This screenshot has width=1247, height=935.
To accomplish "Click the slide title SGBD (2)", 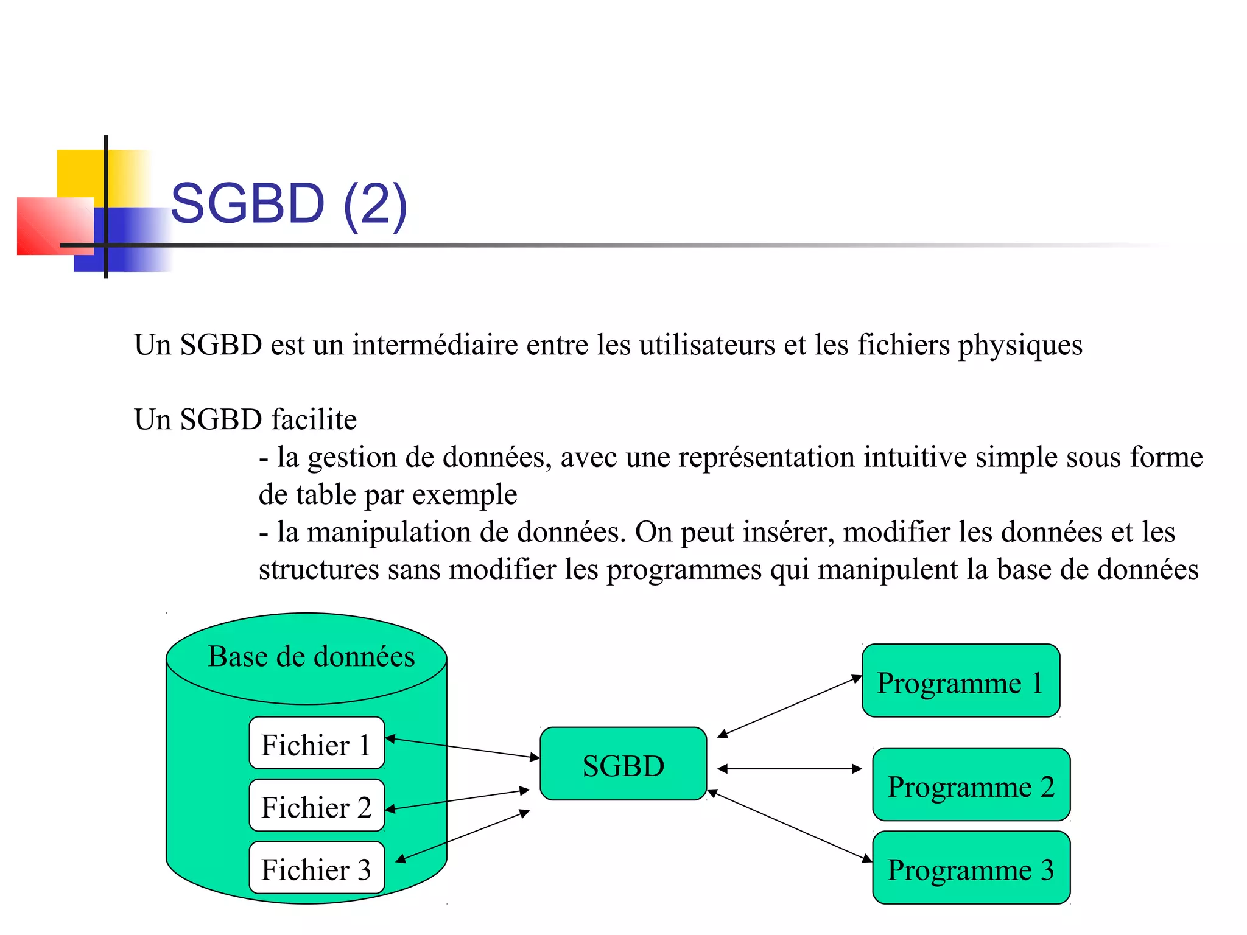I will tap(289, 204).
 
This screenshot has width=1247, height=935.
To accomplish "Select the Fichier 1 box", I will tap(317, 743).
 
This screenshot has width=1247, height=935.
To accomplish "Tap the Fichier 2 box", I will tap(317, 806).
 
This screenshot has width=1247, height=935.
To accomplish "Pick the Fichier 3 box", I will tap(317, 868).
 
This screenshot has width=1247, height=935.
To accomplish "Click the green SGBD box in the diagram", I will tap(623, 764).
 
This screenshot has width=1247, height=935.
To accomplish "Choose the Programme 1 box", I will tap(961, 681).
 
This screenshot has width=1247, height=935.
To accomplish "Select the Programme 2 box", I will tap(971, 785).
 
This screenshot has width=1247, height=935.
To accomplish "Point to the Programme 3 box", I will tap(971, 868).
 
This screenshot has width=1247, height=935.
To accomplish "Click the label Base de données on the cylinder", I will tap(311, 657).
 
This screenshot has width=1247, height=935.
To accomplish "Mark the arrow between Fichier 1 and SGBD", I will tap(463, 748).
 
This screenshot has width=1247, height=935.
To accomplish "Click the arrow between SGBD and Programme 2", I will tap(790, 769).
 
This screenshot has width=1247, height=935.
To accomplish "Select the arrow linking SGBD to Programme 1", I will tap(790, 706).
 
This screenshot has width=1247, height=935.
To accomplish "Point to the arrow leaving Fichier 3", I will tap(463, 836).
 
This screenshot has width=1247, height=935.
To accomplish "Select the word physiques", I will tap(1020, 346).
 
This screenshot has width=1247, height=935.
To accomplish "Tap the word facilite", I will tap(314, 419).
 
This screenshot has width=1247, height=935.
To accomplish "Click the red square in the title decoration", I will tap(55, 226).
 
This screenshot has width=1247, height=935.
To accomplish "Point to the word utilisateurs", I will tap(706, 345).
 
